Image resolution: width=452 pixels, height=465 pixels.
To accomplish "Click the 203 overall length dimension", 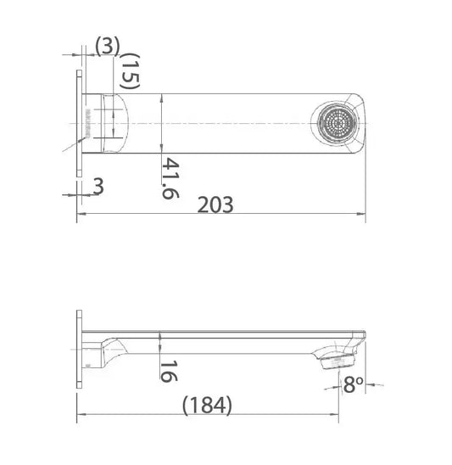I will click(215, 204).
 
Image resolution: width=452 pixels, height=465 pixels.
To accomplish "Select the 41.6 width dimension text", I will click(170, 177).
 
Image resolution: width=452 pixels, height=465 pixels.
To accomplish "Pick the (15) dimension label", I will click(130, 70).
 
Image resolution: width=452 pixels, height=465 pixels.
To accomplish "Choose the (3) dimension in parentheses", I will click(107, 46).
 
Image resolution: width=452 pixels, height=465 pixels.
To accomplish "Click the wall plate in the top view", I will click(80, 124).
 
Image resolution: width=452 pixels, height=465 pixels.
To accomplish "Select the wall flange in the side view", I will click(80, 348).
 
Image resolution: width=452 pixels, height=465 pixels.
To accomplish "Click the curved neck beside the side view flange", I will click(109, 348).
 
